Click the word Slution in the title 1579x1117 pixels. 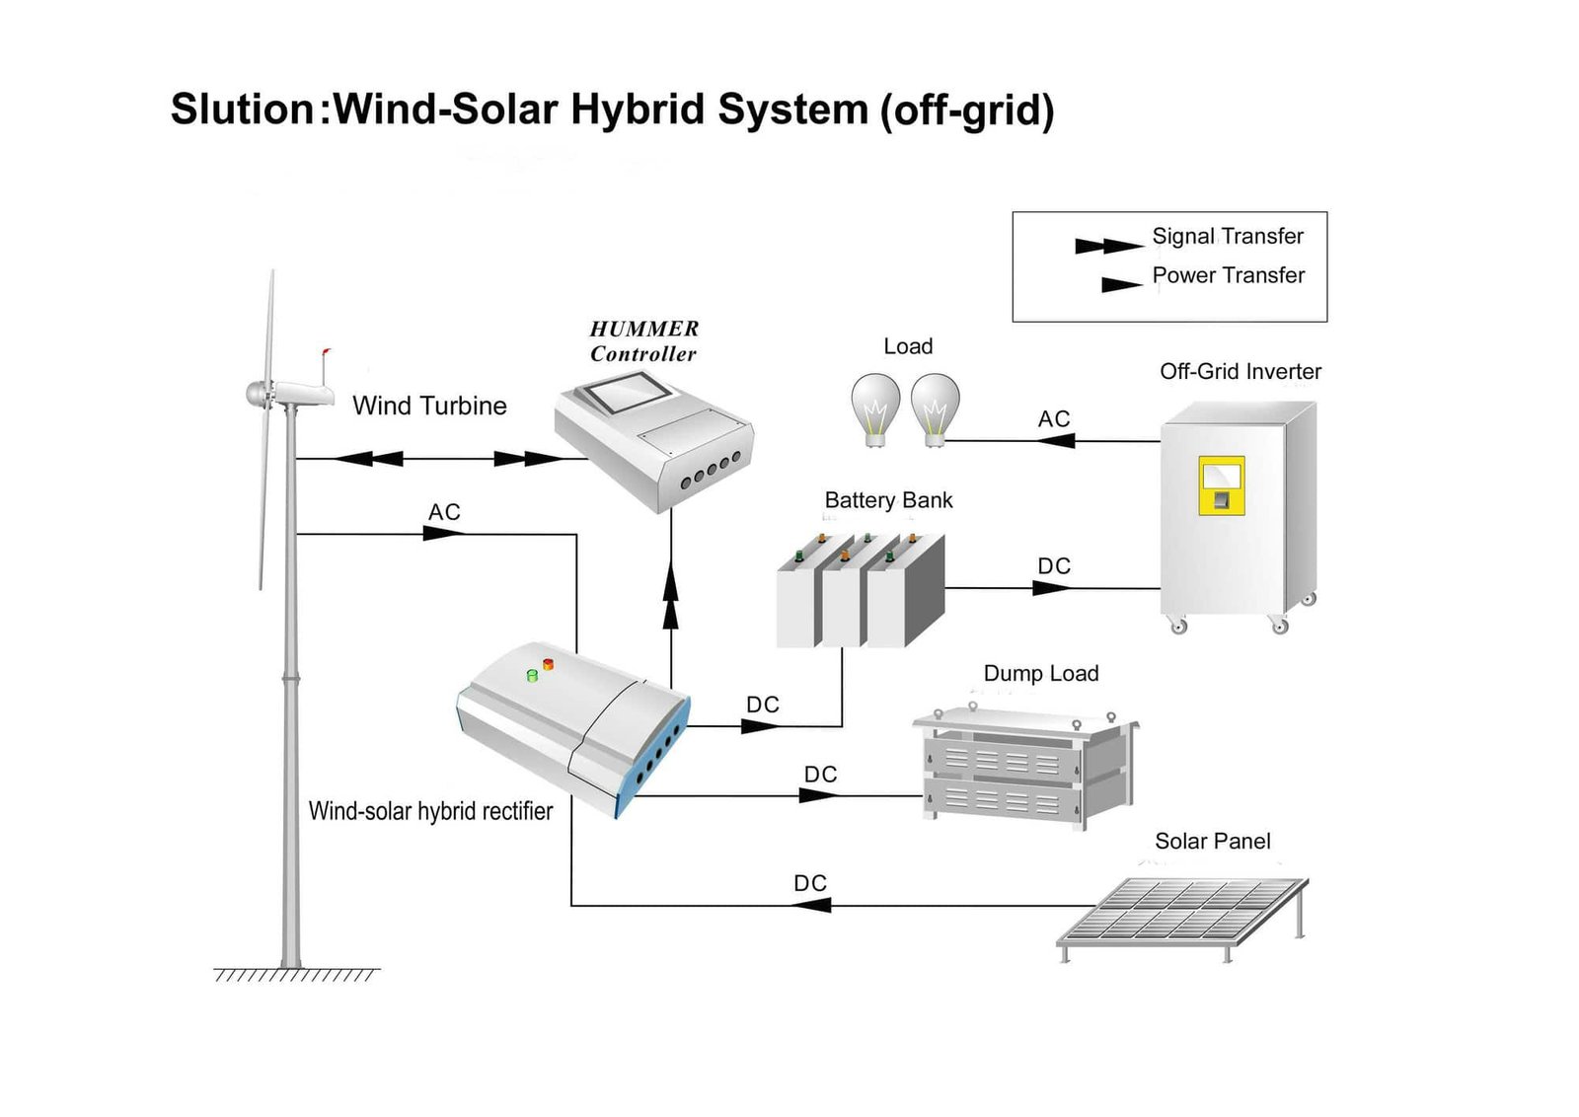[x=243, y=109]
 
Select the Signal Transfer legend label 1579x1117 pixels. [x=1227, y=237]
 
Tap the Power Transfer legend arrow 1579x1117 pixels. [x=1121, y=285]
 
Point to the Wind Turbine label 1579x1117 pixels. [x=429, y=406]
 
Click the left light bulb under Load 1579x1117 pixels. [x=875, y=408]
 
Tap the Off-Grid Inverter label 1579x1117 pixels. [x=1240, y=372]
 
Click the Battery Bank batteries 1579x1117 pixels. [x=860, y=591]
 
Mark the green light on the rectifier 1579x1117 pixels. [x=532, y=676]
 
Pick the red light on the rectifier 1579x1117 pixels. [x=548, y=664]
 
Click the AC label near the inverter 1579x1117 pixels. [x=1053, y=419]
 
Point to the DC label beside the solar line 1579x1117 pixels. [x=809, y=883]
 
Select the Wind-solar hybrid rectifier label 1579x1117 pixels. [x=430, y=811]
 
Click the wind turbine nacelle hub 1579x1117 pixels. [x=259, y=395]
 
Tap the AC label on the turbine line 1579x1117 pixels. [x=443, y=512]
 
